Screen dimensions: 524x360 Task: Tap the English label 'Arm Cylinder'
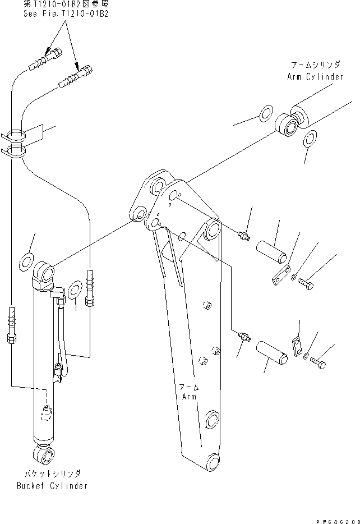point(315,76)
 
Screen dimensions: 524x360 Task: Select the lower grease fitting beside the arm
point(242,337)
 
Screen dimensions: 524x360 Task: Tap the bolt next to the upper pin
point(306,285)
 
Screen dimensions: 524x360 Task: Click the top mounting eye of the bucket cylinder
point(45,273)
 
